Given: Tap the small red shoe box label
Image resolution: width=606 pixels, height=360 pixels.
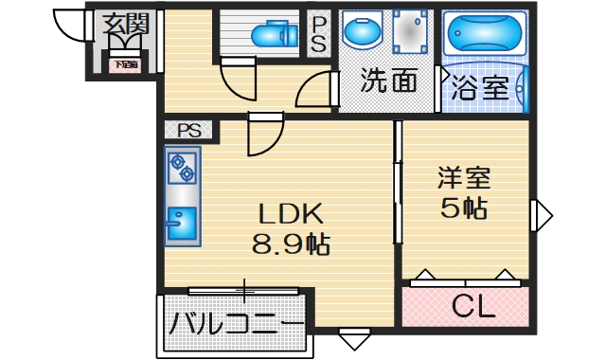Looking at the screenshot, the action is point(125,65).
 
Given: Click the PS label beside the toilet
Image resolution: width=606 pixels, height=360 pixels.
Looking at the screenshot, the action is point(319,34).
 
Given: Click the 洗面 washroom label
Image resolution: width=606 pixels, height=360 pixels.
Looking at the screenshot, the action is point(388,82).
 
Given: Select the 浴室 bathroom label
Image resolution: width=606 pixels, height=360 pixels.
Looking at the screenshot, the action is point(481,89).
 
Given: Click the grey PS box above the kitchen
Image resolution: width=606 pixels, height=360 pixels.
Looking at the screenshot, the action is point(187,130).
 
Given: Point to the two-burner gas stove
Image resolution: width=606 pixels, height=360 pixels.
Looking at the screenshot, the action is point(182,168).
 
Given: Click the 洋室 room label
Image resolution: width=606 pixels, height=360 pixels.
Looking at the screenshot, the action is point(463,178).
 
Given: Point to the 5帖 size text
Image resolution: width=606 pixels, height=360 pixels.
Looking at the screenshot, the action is point(463,208).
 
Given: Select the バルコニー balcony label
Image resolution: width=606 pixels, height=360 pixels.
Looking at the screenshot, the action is point(236,327).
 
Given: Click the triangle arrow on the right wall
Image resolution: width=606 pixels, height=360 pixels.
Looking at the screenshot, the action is point(543,215).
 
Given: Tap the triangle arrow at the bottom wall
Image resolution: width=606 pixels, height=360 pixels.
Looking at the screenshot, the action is point(352,338).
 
